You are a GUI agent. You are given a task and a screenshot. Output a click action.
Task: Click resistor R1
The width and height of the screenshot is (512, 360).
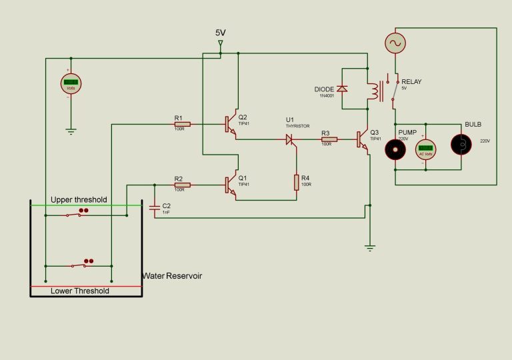[182, 124]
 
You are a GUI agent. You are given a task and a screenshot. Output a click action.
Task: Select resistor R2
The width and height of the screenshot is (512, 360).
[182, 185]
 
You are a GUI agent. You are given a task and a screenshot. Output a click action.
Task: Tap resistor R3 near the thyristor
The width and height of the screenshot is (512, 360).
[329, 139]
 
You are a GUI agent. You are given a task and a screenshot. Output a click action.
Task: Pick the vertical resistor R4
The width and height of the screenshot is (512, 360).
[297, 183]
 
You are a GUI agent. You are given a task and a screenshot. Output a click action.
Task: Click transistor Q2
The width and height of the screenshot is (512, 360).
[230, 124]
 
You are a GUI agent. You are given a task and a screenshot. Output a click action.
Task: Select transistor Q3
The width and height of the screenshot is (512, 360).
[363, 139]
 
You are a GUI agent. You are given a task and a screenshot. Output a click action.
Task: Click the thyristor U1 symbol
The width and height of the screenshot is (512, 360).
[290, 139]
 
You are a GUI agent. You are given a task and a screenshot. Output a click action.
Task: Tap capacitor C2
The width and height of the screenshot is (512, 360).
[154, 208]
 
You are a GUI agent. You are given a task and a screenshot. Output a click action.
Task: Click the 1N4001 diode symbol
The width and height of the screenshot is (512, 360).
[342, 89]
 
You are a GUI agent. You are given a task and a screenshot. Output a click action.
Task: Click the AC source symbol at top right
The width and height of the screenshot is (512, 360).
[395, 43]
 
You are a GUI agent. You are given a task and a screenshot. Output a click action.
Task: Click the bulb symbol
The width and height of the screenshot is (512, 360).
[460, 144]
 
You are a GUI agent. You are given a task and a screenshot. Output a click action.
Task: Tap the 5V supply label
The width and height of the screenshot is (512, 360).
[221, 33]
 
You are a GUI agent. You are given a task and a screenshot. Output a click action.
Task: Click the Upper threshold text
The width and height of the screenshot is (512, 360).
[78, 200]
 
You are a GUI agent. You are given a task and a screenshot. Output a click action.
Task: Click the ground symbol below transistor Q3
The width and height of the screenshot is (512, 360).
[369, 247]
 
